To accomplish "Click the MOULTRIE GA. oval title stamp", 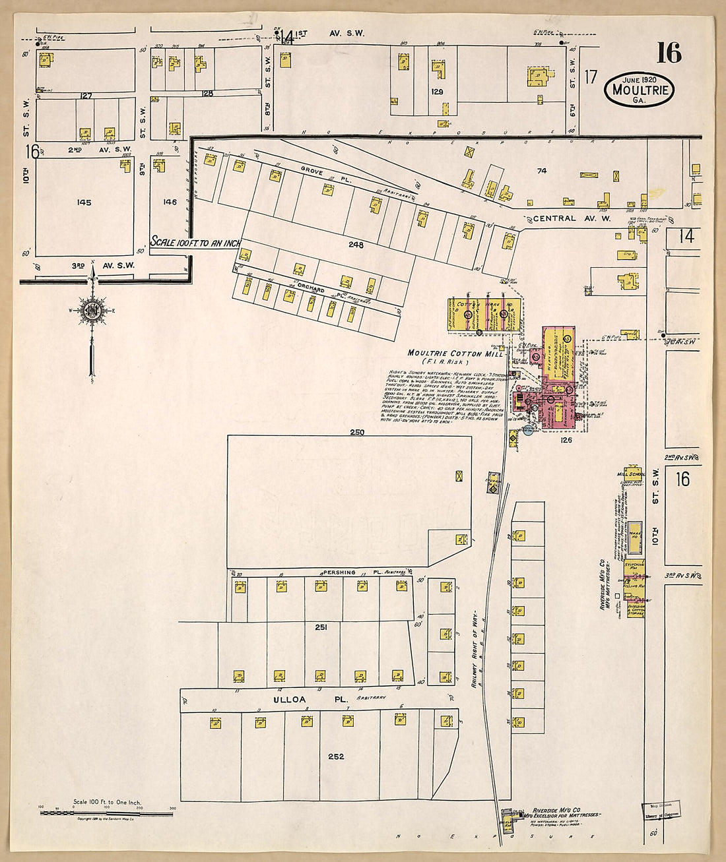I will pos(638,89).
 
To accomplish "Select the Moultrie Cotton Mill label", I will pos(455,354).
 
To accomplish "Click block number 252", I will pos(336,756).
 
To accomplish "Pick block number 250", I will pos(357,433).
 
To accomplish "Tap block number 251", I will pos(321,627).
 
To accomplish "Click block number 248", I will pos(356,245).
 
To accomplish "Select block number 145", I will pos(84,202).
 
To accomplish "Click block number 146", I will pos(170,202).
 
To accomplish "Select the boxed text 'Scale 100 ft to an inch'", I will pos(196,242).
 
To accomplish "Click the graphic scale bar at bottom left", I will pos(107,812).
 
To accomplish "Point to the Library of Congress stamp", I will pos(662,810).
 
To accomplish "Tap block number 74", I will pos(542,171).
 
